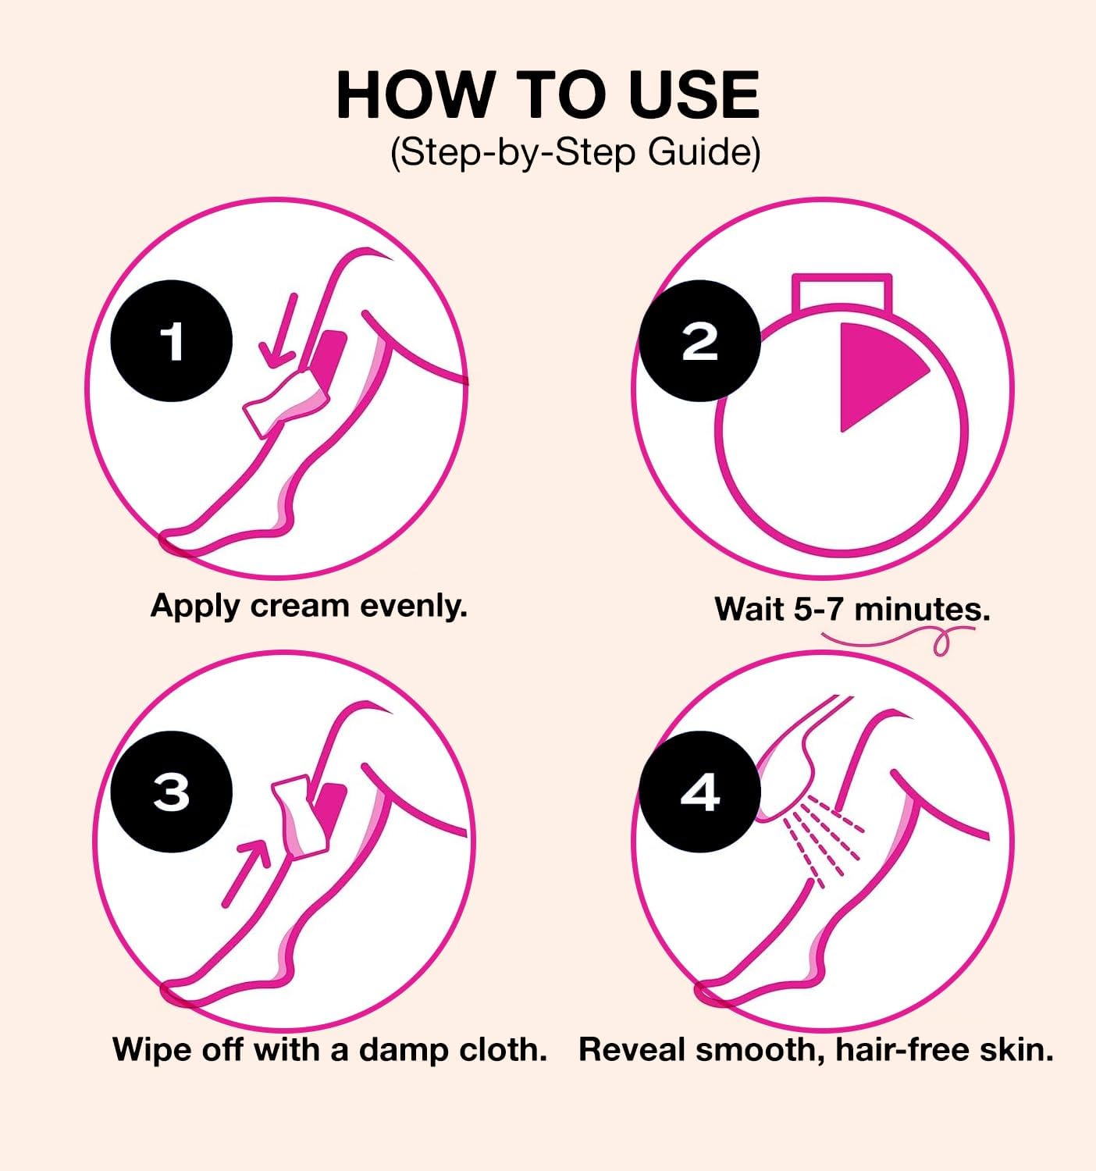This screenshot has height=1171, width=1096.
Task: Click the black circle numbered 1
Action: [171, 341]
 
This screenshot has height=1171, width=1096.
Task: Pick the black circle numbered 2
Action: [699, 341]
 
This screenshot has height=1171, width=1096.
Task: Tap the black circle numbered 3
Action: [171, 792]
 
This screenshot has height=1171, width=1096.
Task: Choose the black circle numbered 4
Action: [699, 792]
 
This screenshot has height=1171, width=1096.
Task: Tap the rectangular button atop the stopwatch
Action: [842, 291]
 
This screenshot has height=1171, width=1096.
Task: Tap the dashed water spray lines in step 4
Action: [822, 838]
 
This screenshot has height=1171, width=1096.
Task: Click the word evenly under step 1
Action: [413, 607]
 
